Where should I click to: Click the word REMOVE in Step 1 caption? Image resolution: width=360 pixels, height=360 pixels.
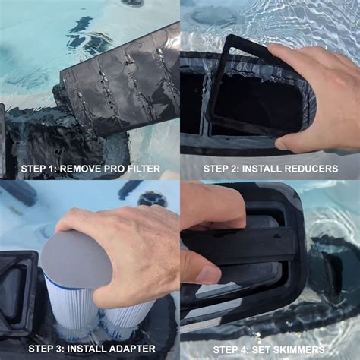tap(81, 169)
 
